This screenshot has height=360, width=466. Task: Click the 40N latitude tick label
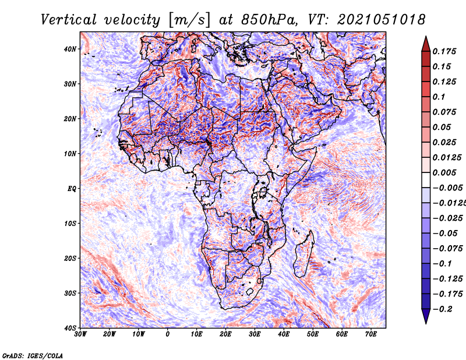pos(70,49)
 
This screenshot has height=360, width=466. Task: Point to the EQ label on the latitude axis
pos(72,189)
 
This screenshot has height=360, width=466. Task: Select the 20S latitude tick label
pos(70,258)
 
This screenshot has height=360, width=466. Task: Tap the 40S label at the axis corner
pos(70,328)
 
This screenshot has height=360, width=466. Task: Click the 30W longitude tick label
pos(80,334)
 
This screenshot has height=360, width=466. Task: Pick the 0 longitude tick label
pos(168,334)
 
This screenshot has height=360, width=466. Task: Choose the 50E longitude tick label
pos(313,334)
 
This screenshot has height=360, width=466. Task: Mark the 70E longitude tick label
pos(371,334)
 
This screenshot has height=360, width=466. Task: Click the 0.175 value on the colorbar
pos(444,51)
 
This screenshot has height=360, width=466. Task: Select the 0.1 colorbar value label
pos(439,97)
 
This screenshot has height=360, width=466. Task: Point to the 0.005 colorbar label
pos(444,172)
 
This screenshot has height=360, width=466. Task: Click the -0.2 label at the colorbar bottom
pos(441,309)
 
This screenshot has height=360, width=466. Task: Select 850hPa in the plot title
pos(269,20)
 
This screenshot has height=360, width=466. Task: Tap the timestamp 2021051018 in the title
pos(382,20)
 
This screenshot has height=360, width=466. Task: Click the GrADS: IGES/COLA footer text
pos(33,356)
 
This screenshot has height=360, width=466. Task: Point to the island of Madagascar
pos(304,254)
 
